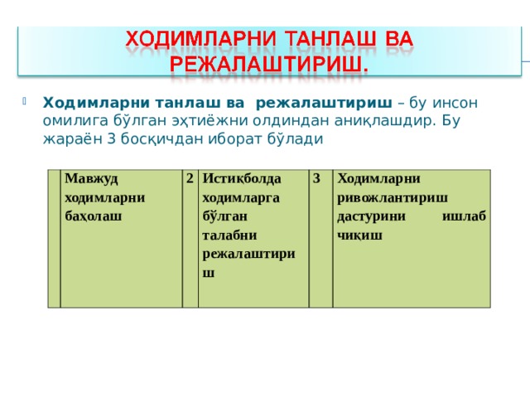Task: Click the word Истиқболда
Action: click(242, 179)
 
